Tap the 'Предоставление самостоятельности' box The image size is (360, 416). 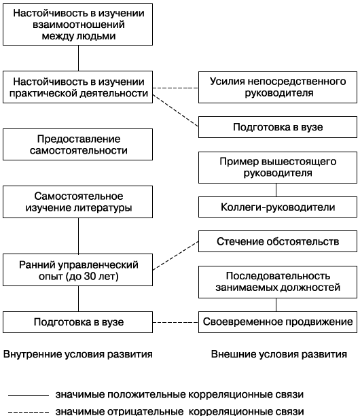[x=78, y=143]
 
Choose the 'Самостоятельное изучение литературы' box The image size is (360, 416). [x=78, y=201]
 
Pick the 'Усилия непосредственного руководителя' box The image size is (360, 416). [x=277, y=86]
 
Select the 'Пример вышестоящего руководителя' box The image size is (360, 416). [x=277, y=167]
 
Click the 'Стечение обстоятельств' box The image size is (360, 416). [x=277, y=241]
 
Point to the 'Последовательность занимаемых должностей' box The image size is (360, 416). [x=277, y=282]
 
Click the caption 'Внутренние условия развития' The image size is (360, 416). [x=77, y=354]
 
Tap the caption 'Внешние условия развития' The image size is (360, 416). [x=278, y=354]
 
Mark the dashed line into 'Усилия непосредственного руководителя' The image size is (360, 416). [x=175, y=86]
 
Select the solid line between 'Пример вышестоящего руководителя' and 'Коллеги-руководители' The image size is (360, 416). [x=277, y=190]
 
